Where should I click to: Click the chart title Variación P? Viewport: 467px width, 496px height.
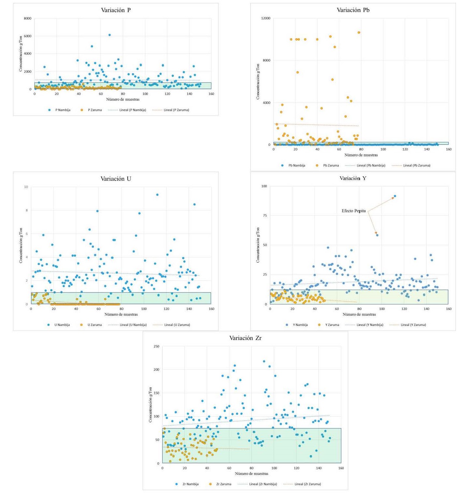click(x=116, y=10)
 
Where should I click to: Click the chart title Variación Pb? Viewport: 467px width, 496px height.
click(x=353, y=10)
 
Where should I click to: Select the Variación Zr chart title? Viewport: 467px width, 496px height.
click(x=245, y=338)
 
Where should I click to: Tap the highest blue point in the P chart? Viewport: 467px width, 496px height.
click(x=110, y=35)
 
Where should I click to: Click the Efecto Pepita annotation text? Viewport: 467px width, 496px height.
click(x=353, y=211)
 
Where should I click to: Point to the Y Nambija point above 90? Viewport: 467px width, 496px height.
click(x=395, y=196)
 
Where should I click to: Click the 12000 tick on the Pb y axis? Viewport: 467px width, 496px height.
click(x=266, y=18)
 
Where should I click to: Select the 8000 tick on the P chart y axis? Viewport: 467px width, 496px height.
click(x=28, y=19)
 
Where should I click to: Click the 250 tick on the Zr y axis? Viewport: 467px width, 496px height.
click(x=156, y=347)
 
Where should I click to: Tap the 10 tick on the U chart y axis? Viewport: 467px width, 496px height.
click(x=26, y=187)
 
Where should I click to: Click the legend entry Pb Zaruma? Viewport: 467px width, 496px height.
click(x=331, y=165)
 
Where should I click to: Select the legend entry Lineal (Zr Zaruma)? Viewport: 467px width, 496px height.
click(x=307, y=484)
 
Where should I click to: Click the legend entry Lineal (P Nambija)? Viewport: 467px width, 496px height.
click(x=132, y=110)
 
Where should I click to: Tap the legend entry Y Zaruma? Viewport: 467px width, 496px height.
click(x=332, y=325)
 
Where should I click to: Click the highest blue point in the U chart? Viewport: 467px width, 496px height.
click(x=157, y=195)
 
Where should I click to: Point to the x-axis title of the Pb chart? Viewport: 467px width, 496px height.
click(x=361, y=155)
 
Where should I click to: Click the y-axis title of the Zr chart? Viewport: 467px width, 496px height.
click(x=150, y=405)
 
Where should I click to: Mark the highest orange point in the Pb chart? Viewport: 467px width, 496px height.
click(x=359, y=33)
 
